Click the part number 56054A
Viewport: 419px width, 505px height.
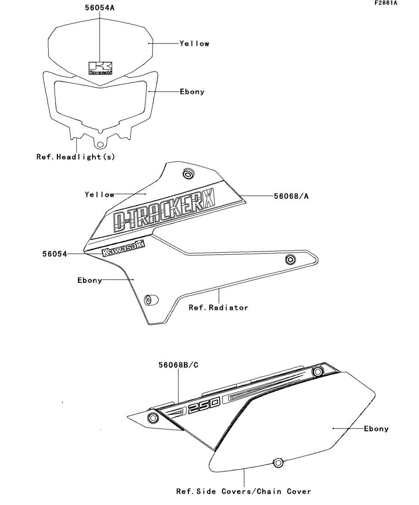(99, 8)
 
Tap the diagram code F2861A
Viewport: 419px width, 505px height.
(386, 3)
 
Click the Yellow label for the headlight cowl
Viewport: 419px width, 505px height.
(194, 43)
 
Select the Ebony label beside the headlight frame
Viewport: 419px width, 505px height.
(192, 92)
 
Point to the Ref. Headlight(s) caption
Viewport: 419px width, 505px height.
(76, 157)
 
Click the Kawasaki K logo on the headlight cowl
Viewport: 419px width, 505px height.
(100, 68)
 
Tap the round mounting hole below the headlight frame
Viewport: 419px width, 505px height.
(99, 142)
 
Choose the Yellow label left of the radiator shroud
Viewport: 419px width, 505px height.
(99, 195)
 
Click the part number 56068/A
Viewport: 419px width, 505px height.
(291, 196)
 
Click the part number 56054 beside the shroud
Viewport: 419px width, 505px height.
(55, 254)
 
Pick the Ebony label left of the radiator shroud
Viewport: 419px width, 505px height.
(89, 280)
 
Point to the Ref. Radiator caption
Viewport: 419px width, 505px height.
(218, 307)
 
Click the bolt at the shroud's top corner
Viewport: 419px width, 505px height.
(187, 174)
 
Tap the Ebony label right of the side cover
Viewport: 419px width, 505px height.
(376, 429)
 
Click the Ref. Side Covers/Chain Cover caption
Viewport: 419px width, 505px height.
(243, 491)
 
